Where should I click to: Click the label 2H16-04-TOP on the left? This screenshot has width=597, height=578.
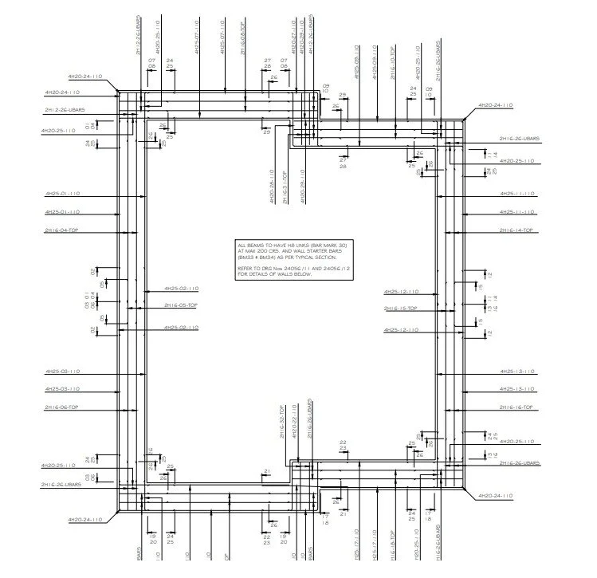pyautogui.click(x=61, y=230)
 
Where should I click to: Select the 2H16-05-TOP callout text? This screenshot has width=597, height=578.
pyautogui.click(x=181, y=305)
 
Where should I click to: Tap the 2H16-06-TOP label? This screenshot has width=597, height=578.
pyautogui.click(x=61, y=407)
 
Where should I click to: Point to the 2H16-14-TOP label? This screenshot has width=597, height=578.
pyautogui.click(x=516, y=230)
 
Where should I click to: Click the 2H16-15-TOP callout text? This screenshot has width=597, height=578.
pyautogui.click(x=401, y=308)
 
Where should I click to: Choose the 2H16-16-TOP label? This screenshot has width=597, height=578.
pyautogui.click(x=516, y=407)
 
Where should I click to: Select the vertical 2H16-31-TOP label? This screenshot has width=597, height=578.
pyautogui.click(x=286, y=187)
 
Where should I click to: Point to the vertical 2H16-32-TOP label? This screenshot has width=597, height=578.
pyautogui.click(x=281, y=422)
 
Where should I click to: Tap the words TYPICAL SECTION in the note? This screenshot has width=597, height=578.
pyautogui.click(x=317, y=258)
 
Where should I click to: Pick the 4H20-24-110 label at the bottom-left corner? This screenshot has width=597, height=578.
pyautogui.click(x=86, y=519)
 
